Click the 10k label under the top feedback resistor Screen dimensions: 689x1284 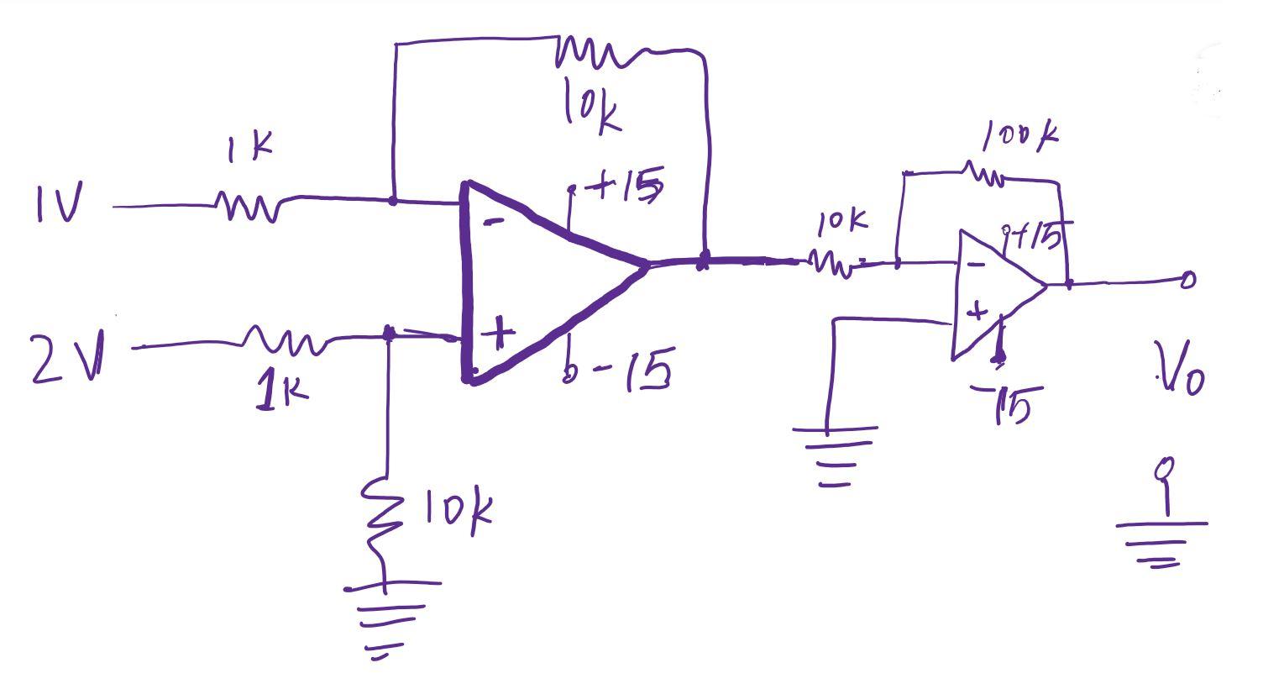(592, 108)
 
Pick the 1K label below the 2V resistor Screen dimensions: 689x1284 (282, 391)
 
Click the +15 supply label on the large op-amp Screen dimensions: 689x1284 (628, 187)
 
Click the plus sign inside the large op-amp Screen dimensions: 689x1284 (499, 333)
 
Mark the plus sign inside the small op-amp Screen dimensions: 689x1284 (976, 313)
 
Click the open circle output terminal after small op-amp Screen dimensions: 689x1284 (1187, 280)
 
